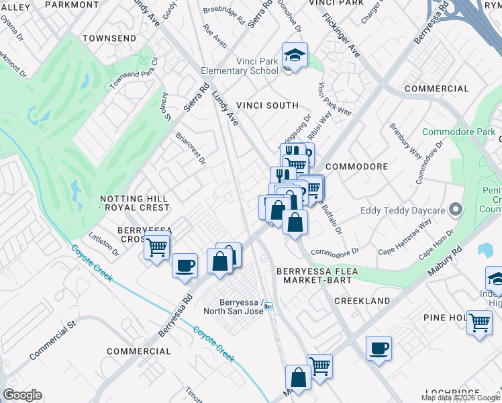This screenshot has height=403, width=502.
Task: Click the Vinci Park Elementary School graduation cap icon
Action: coord(294,55)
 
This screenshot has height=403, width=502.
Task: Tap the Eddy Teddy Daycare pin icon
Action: coord(456,210)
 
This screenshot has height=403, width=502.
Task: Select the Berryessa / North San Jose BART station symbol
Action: coord(268,306)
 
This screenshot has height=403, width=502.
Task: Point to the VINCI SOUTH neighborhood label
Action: coord(267,105)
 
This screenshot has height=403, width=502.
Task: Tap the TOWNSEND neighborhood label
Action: coord(109,38)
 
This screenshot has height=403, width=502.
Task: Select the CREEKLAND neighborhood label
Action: coord(362,301)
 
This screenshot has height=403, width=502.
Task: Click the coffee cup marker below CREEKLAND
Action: coord(379,347)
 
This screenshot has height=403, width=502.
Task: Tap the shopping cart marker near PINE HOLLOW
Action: coord(479,322)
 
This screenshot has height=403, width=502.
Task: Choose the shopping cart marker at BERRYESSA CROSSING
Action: coord(157,247)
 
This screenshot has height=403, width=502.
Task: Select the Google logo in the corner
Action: coord(22,395)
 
